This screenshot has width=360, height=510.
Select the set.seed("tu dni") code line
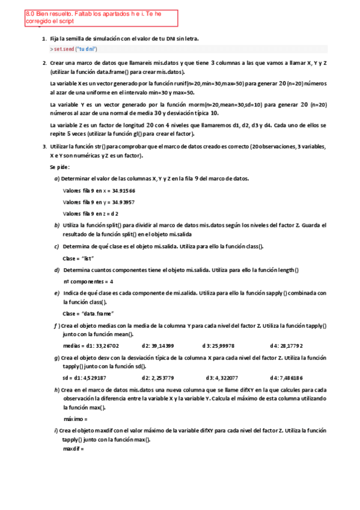[74, 49]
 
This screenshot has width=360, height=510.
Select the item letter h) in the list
[56, 390]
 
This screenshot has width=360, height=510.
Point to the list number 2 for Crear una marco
[44, 63]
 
